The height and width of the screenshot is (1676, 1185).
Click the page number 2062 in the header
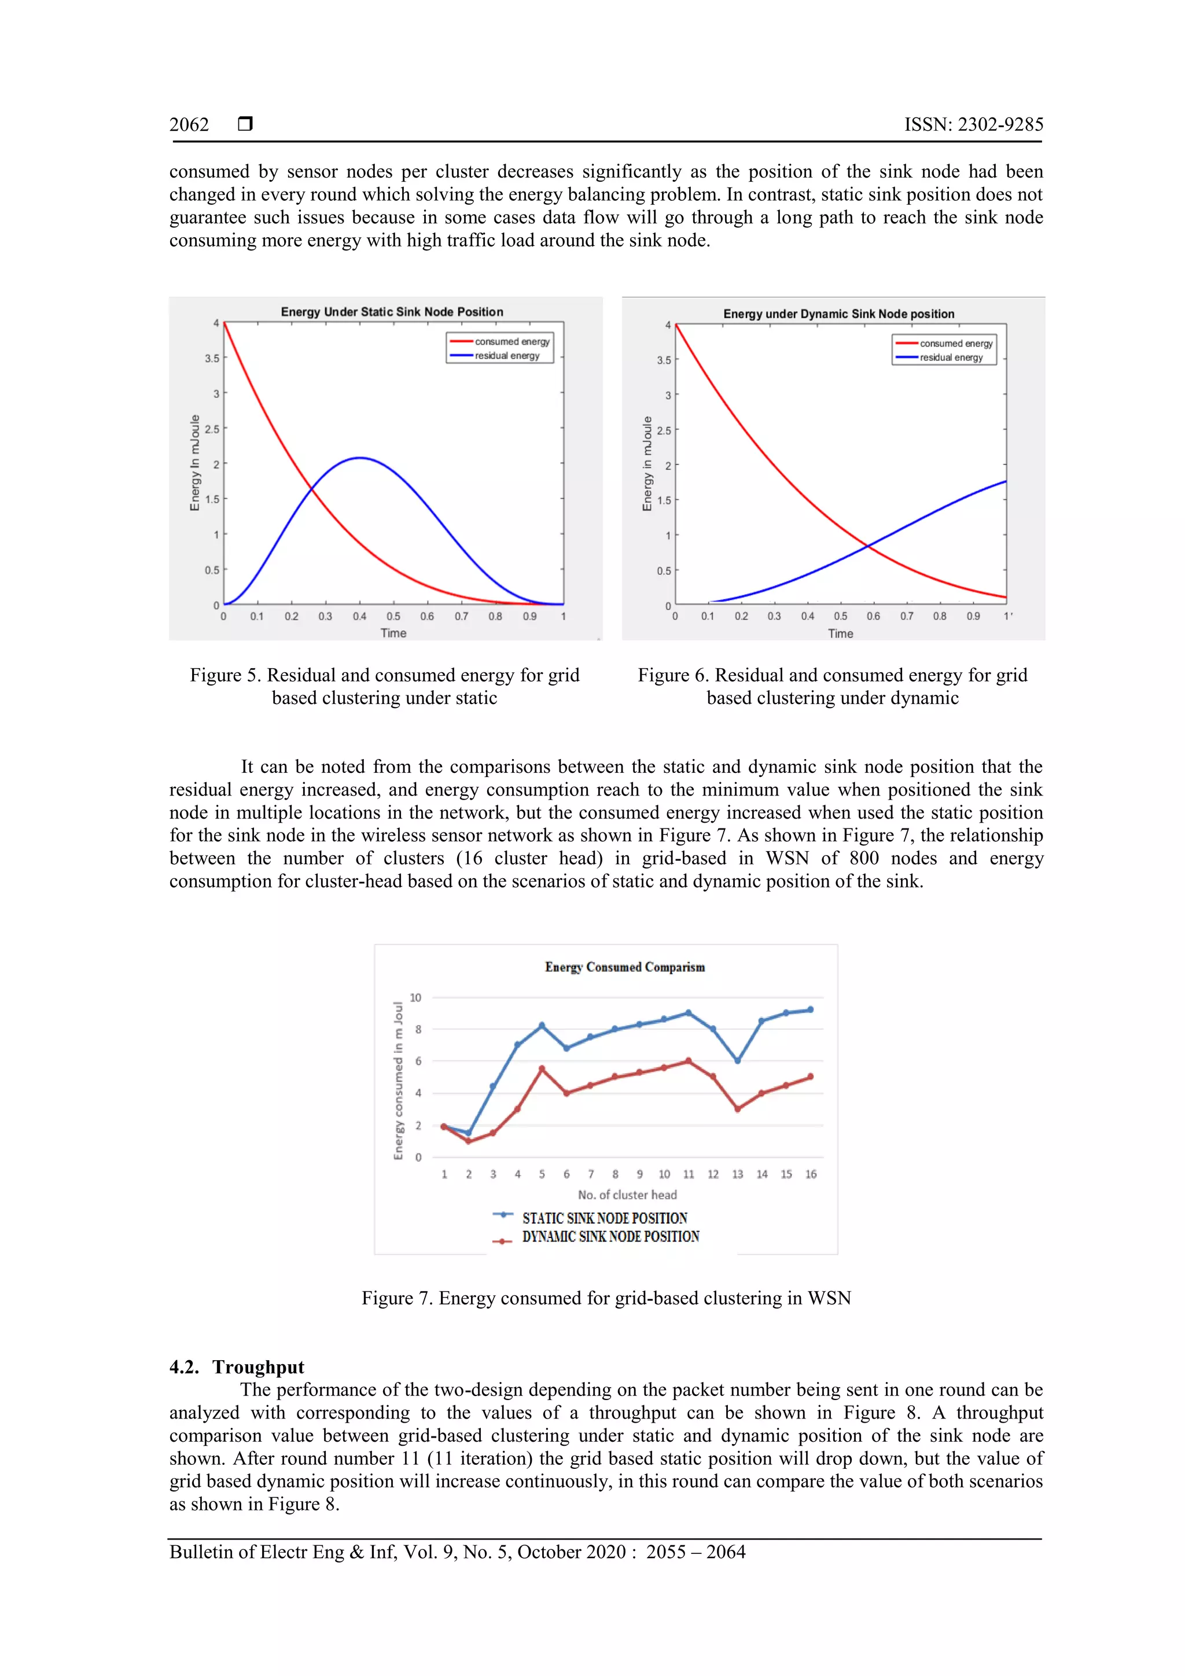189,125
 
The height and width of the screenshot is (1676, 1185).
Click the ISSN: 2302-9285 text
973,125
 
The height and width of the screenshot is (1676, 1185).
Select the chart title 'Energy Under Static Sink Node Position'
392,312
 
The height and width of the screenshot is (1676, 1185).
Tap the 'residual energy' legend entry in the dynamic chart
951,358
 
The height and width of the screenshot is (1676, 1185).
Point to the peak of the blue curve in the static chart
359,458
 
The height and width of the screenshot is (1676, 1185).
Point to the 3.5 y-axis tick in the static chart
212,359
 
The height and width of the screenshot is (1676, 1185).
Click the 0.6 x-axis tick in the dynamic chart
873,616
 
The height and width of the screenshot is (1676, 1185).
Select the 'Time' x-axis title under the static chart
393,633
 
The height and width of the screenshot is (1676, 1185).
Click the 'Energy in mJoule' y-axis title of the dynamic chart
647,463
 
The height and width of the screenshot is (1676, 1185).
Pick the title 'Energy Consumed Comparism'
625,967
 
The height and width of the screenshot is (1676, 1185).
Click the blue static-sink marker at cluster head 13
737,1060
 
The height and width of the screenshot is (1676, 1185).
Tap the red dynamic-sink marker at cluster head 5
542,1069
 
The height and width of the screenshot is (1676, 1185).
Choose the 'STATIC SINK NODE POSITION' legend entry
605,1218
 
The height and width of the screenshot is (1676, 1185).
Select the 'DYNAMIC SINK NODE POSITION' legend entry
610,1236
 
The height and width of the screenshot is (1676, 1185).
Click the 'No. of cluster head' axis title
627,1195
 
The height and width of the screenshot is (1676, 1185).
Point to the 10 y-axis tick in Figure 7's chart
415,998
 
